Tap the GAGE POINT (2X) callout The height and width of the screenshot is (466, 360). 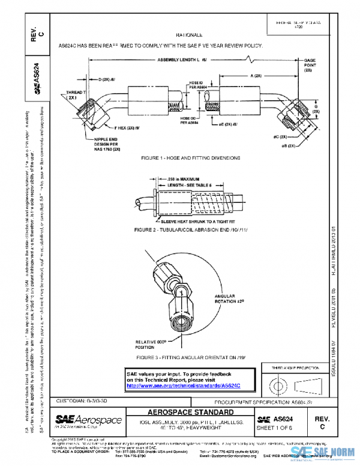coord(310,65)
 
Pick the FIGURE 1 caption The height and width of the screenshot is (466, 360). coord(190,157)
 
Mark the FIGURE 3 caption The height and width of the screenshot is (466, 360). coord(190,357)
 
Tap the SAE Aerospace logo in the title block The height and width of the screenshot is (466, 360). coord(88,420)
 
